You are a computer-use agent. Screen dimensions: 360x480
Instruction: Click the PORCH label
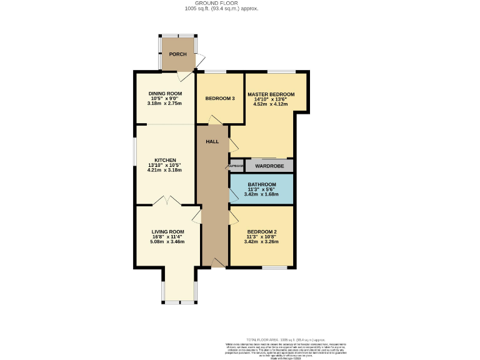tap(177, 54)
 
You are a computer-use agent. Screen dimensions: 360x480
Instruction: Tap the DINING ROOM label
tap(165, 94)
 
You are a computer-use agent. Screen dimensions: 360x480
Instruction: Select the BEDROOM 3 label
tap(220, 98)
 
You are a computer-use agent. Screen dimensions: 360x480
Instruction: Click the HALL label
tap(212, 142)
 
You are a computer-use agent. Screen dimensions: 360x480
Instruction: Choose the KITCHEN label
tap(165, 160)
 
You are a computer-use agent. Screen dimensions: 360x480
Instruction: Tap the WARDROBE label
tap(269, 166)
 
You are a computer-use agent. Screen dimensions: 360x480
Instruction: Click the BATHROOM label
tap(261, 184)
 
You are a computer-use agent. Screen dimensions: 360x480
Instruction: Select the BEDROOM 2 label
tap(261, 232)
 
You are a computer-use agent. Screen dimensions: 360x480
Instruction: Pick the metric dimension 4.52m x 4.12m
tap(270, 104)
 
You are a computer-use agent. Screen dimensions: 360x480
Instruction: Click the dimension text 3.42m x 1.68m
tap(261, 194)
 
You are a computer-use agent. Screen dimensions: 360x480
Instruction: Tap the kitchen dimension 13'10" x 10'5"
tap(165, 165)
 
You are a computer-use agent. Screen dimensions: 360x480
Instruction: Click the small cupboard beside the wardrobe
tap(236, 166)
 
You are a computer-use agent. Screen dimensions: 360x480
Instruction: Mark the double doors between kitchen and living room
tap(167, 201)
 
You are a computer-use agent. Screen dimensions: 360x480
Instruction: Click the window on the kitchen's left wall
tap(136, 153)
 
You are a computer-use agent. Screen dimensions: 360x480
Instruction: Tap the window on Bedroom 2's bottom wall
tap(274, 268)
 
